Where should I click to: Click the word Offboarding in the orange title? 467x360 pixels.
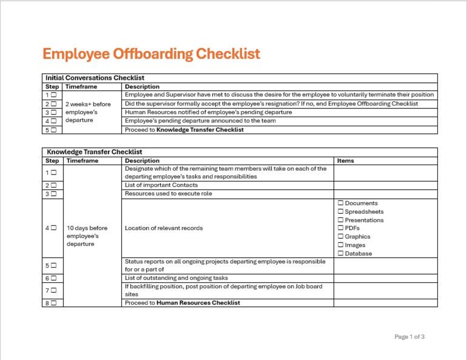point(153,54)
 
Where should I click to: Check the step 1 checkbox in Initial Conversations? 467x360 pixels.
point(54,95)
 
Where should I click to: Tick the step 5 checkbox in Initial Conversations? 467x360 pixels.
point(54,130)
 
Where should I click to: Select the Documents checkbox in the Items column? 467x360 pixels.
point(341,203)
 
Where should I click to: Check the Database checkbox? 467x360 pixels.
point(341,254)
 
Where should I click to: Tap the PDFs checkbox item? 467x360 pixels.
point(341,228)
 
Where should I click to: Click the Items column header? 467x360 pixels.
point(345,161)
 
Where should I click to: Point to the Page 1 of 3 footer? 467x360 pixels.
point(409,337)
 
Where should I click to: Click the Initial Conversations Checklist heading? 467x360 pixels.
point(95,78)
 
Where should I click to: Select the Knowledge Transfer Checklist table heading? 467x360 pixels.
point(94,152)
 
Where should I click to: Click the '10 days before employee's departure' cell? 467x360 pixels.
point(86,236)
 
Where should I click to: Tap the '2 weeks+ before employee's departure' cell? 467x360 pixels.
point(88,112)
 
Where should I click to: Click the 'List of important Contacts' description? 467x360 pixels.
point(161,185)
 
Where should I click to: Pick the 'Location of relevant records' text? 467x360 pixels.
point(163,228)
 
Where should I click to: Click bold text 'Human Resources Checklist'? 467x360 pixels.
point(198,303)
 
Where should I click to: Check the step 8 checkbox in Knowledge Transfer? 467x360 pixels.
point(54,303)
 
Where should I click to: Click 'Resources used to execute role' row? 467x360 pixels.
point(168,193)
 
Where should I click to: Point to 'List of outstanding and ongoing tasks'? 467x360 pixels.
point(176,278)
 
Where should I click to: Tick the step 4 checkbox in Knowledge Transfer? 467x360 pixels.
point(54,228)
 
